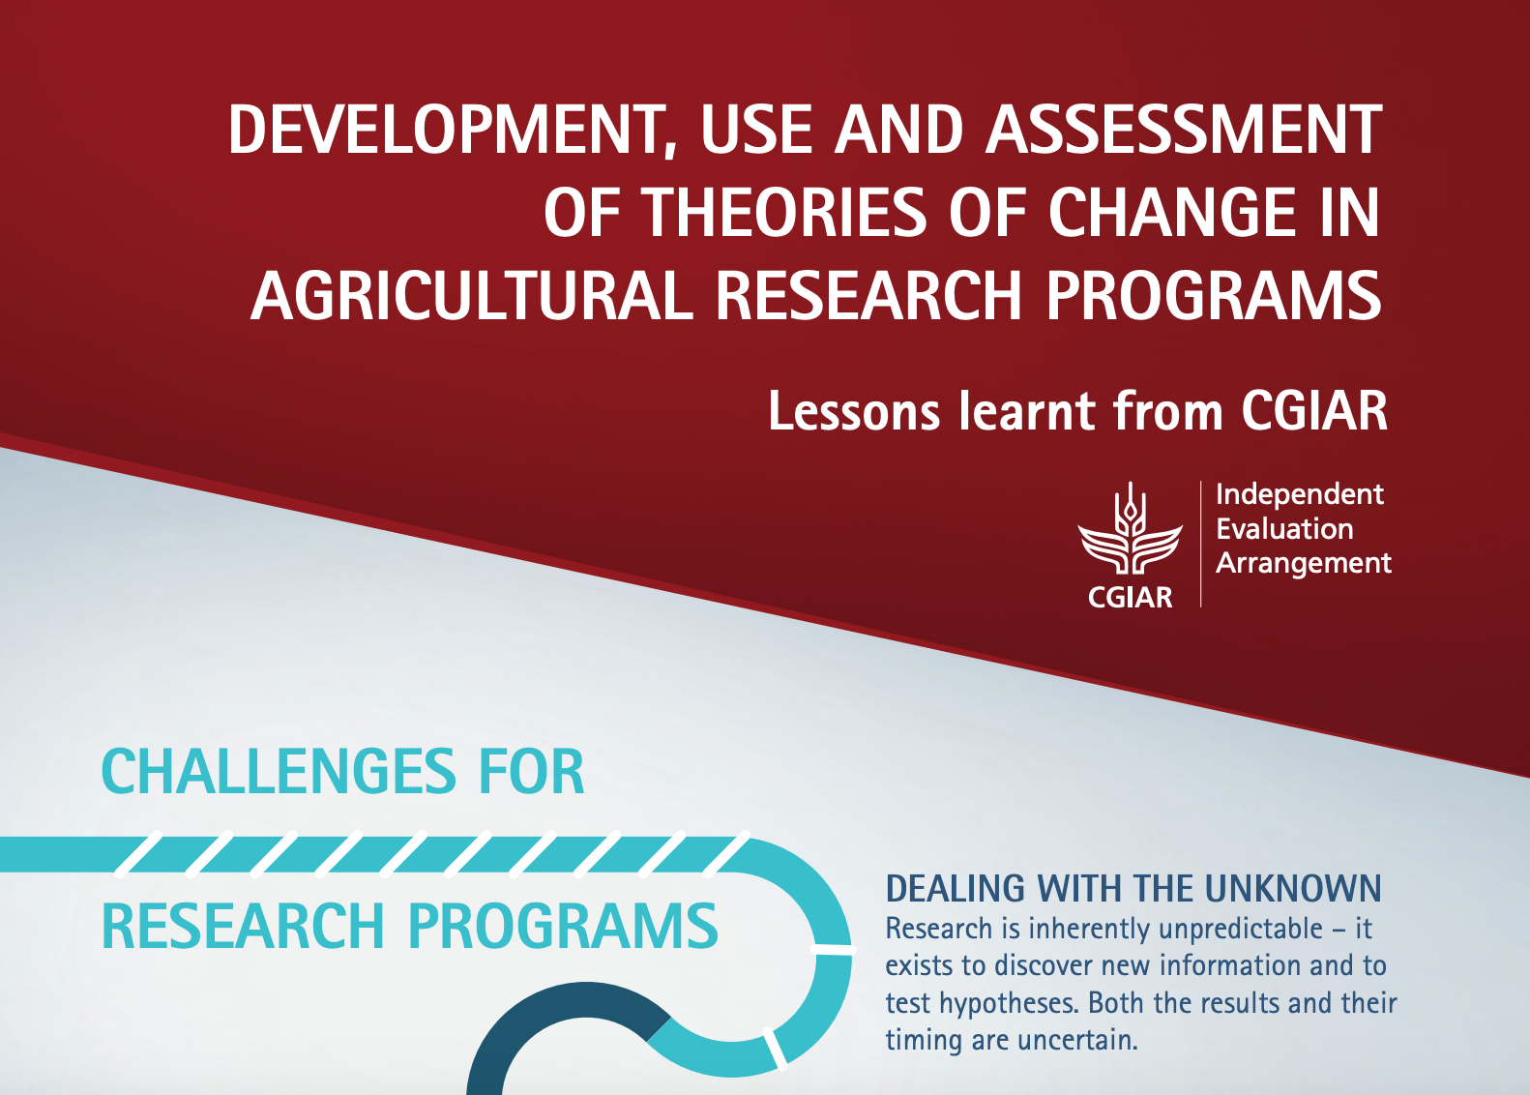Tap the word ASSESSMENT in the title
click(x=1184, y=131)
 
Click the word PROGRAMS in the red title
click(x=1214, y=295)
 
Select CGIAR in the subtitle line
click(x=1314, y=412)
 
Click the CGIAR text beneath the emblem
click(x=1130, y=598)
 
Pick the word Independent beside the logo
click(x=1299, y=494)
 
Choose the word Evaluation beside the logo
click(x=1284, y=529)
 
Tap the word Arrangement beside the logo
click(x=1303, y=563)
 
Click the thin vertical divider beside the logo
click(x=1200, y=544)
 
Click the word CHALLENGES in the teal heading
click(x=274, y=773)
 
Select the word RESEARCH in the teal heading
click(x=243, y=927)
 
